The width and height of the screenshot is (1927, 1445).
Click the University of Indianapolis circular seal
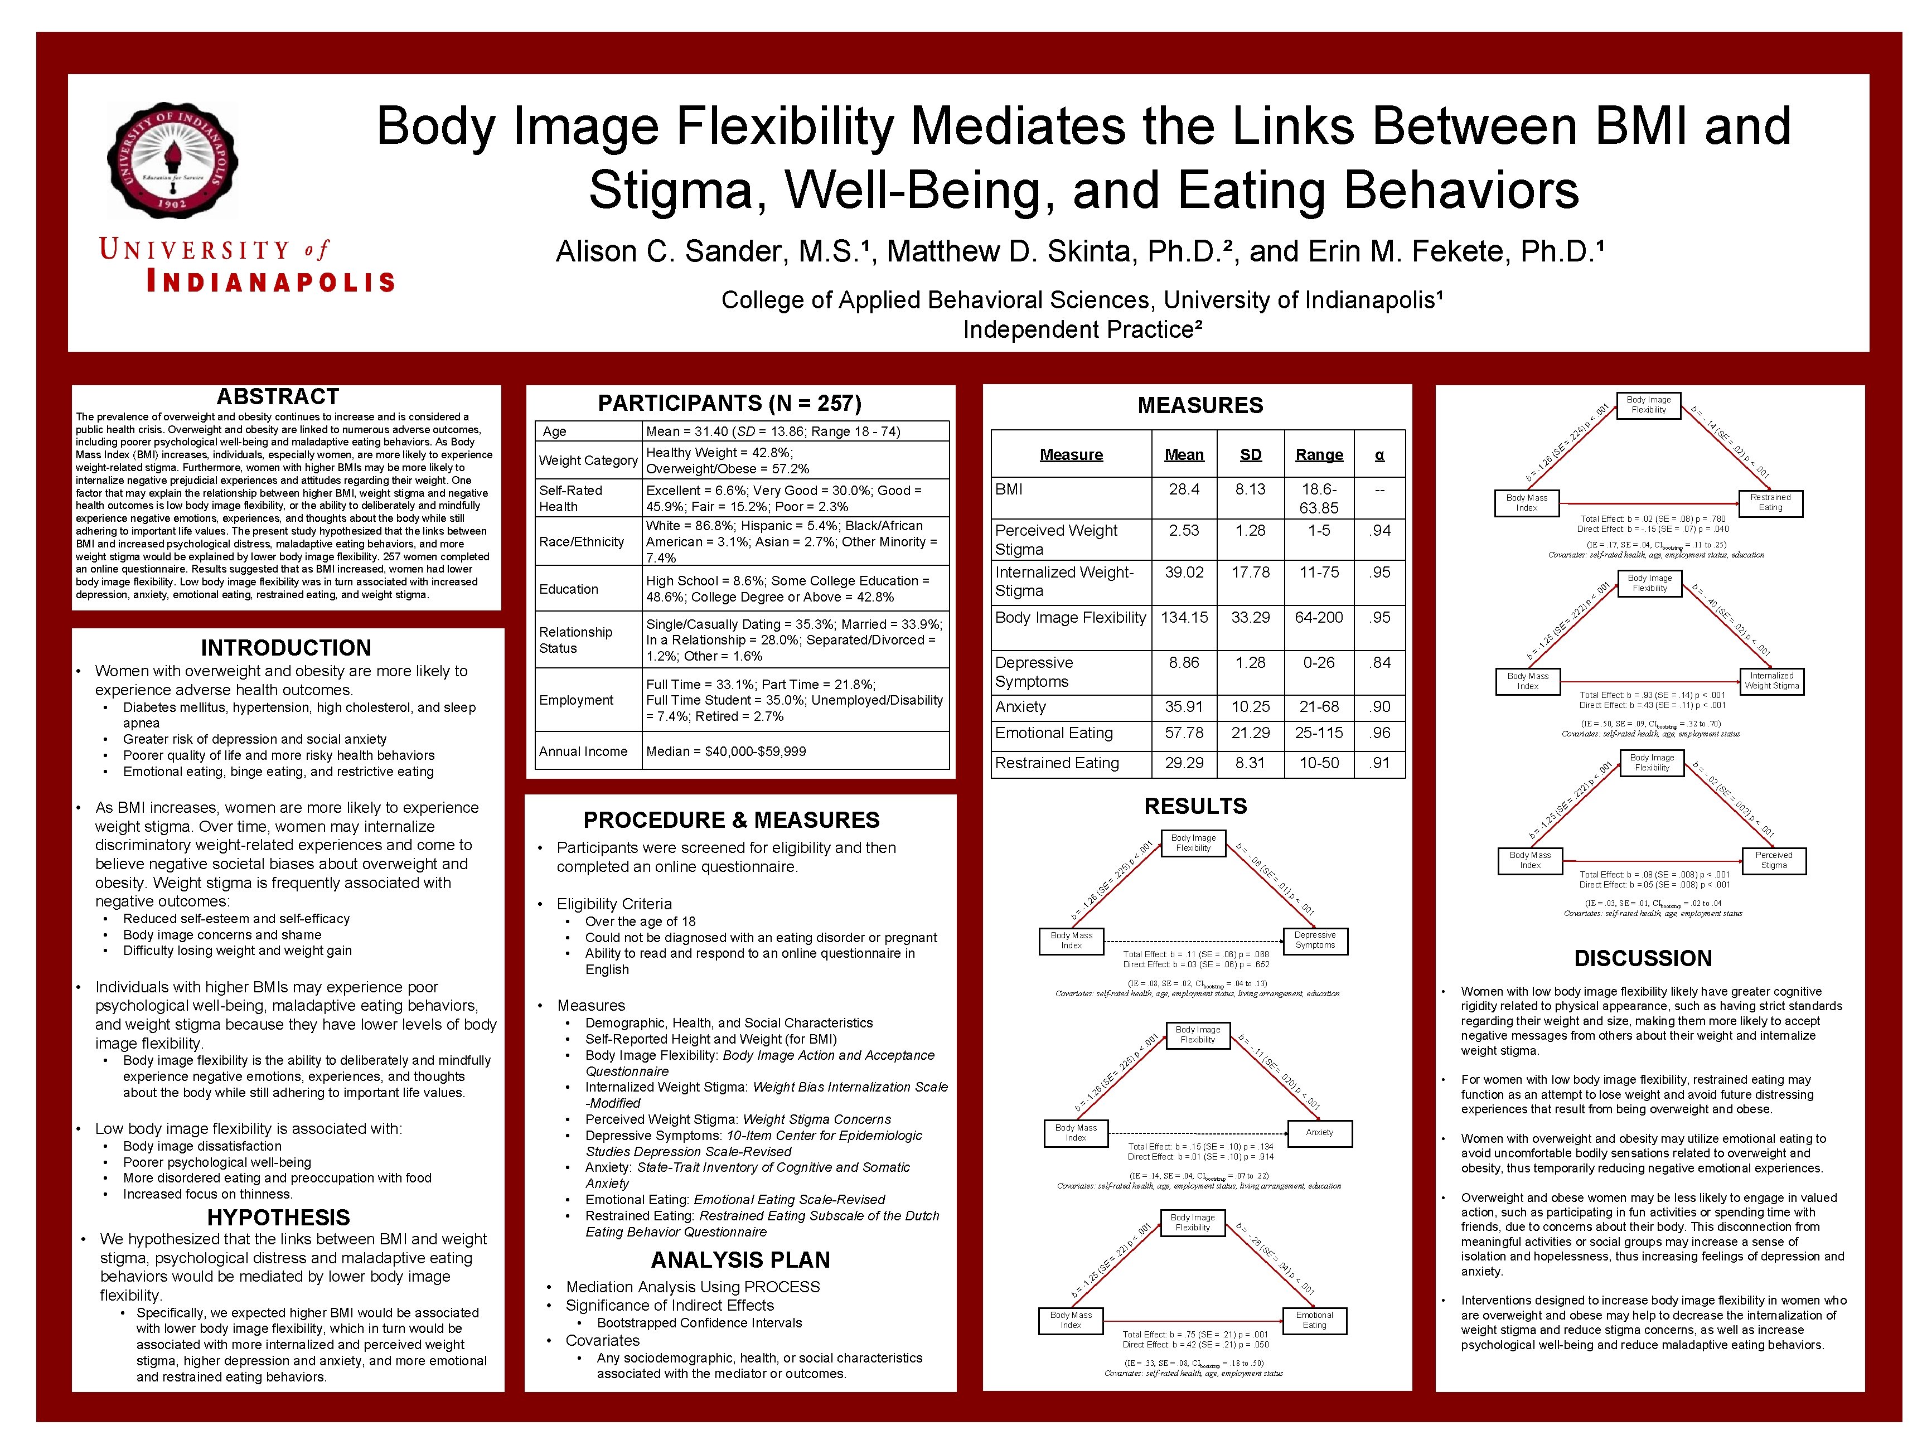pos(172,160)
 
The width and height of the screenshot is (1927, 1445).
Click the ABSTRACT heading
pos(277,397)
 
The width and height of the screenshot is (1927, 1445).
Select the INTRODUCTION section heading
pos(285,648)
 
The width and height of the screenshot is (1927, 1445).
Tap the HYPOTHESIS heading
pos(278,1217)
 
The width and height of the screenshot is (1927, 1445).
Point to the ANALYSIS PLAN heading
pos(739,1259)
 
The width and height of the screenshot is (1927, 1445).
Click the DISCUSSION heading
pos(1642,958)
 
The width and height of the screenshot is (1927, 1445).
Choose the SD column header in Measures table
pos(1250,455)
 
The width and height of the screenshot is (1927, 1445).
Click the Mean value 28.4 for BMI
pos(1184,489)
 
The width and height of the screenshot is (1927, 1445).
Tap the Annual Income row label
pos(583,751)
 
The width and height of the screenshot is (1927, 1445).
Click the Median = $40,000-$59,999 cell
pos(725,751)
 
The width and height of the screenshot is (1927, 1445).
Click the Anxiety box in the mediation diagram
pos(1319,1132)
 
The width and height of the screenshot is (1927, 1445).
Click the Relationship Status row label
pos(576,640)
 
